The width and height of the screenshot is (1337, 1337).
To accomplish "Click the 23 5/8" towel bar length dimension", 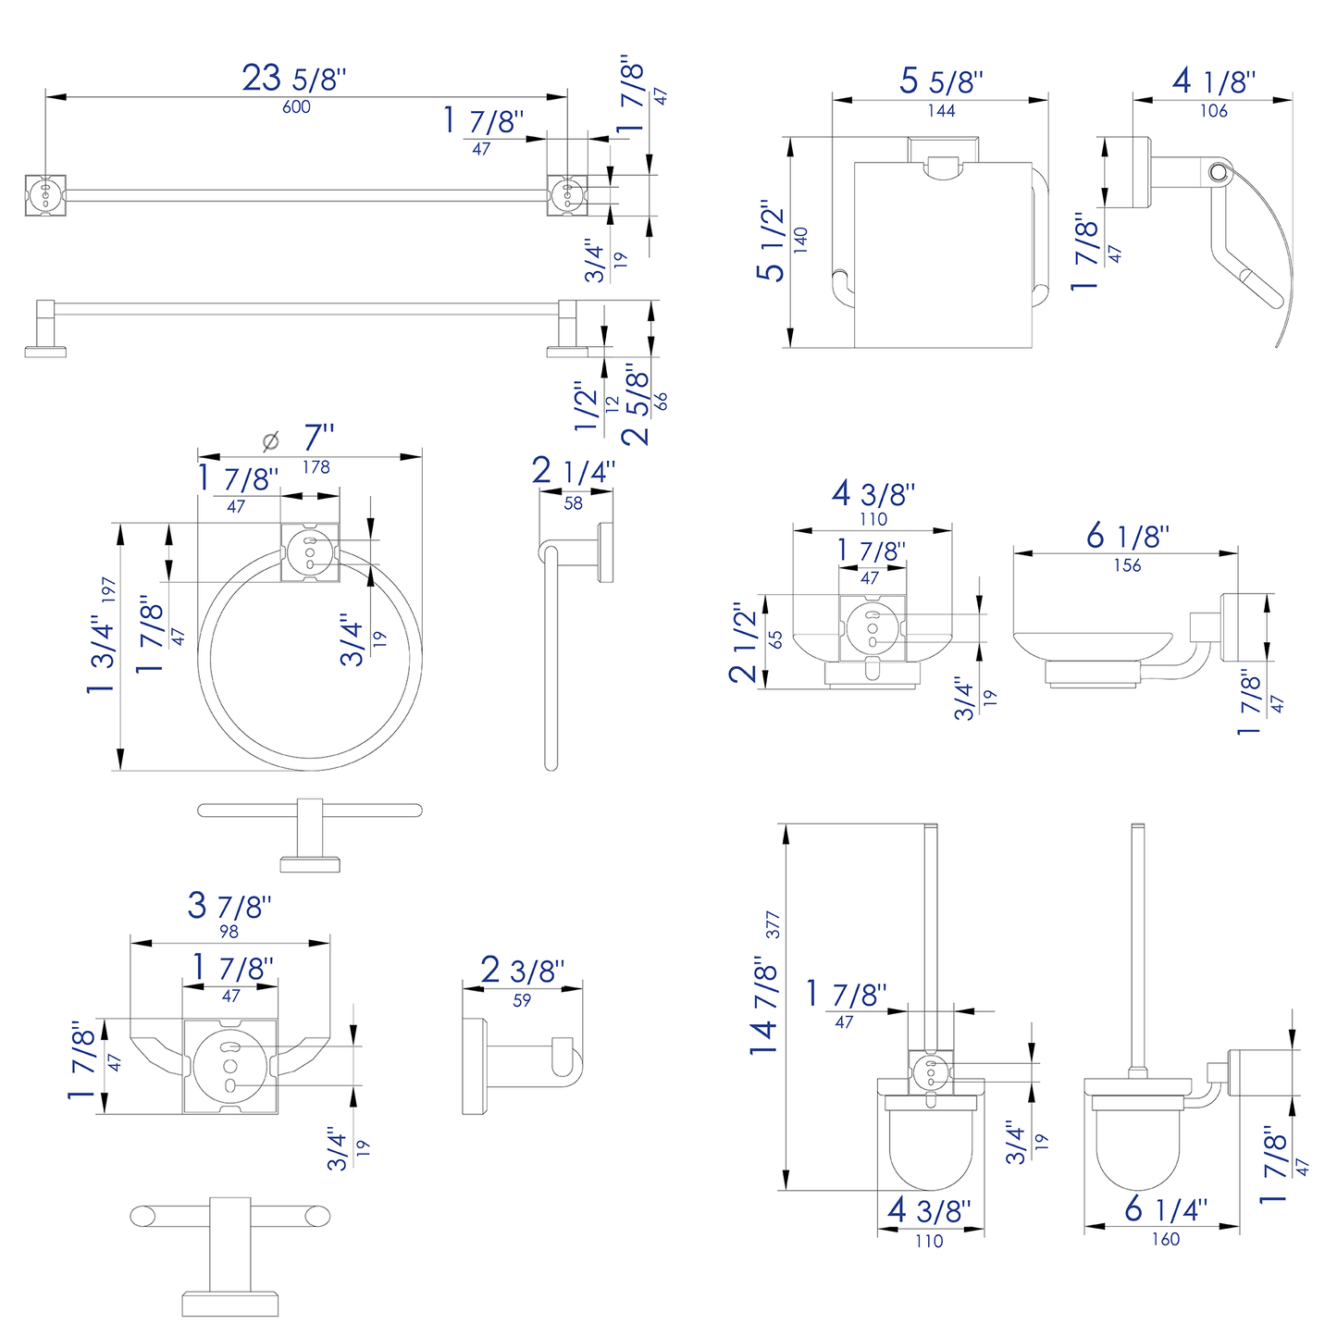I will tap(294, 78).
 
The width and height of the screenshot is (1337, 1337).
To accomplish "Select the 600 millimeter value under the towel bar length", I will tap(296, 107).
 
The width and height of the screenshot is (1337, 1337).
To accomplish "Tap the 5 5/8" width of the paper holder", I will tap(941, 81).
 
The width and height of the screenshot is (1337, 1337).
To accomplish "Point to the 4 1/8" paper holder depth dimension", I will tap(1213, 81).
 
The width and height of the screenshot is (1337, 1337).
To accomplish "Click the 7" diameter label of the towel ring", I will tap(318, 438).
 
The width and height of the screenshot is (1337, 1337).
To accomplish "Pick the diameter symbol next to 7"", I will tap(270, 441).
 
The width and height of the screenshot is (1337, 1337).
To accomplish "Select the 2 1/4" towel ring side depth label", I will tap(573, 472).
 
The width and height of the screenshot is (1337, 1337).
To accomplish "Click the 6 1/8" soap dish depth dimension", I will tap(1127, 536).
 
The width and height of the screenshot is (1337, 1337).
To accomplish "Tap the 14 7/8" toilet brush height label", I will tap(764, 1007).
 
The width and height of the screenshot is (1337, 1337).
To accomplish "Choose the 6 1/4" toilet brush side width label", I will tap(1166, 1209).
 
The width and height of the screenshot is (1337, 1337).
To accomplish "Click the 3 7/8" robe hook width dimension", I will tap(229, 905).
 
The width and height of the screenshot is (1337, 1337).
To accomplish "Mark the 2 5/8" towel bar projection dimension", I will tap(637, 404).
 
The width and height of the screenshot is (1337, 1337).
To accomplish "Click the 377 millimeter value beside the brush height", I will tap(774, 925).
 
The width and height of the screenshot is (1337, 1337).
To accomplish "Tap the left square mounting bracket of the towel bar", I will tap(44, 195).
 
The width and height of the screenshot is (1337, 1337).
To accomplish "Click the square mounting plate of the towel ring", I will tap(310, 552).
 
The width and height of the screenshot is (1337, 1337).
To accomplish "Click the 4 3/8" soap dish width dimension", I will tap(873, 494).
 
